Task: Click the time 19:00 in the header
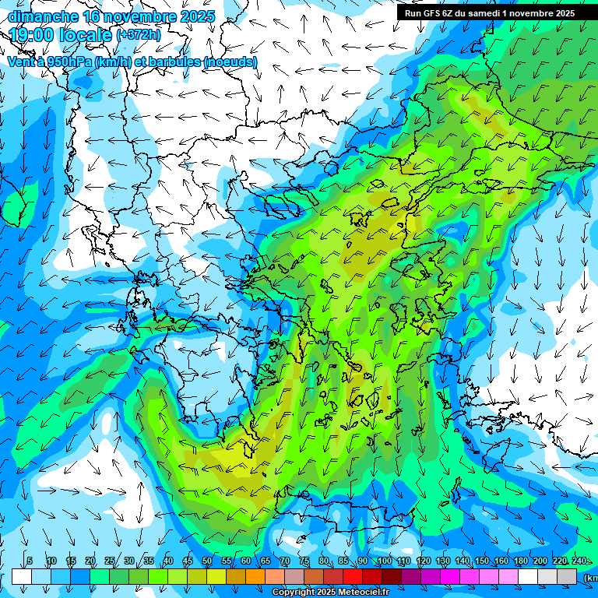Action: click(x=34, y=35)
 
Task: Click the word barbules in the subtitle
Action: click(x=168, y=62)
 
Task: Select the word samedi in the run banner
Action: click(x=487, y=13)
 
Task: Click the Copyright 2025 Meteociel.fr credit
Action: click(x=330, y=593)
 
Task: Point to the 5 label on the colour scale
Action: click(x=30, y=561)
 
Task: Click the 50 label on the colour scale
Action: click(x=206, y=561)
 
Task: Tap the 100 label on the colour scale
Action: click(x=384, y=561)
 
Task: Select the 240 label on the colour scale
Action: click(x=579, y=561)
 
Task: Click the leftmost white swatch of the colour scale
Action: click(x=22, y=576)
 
